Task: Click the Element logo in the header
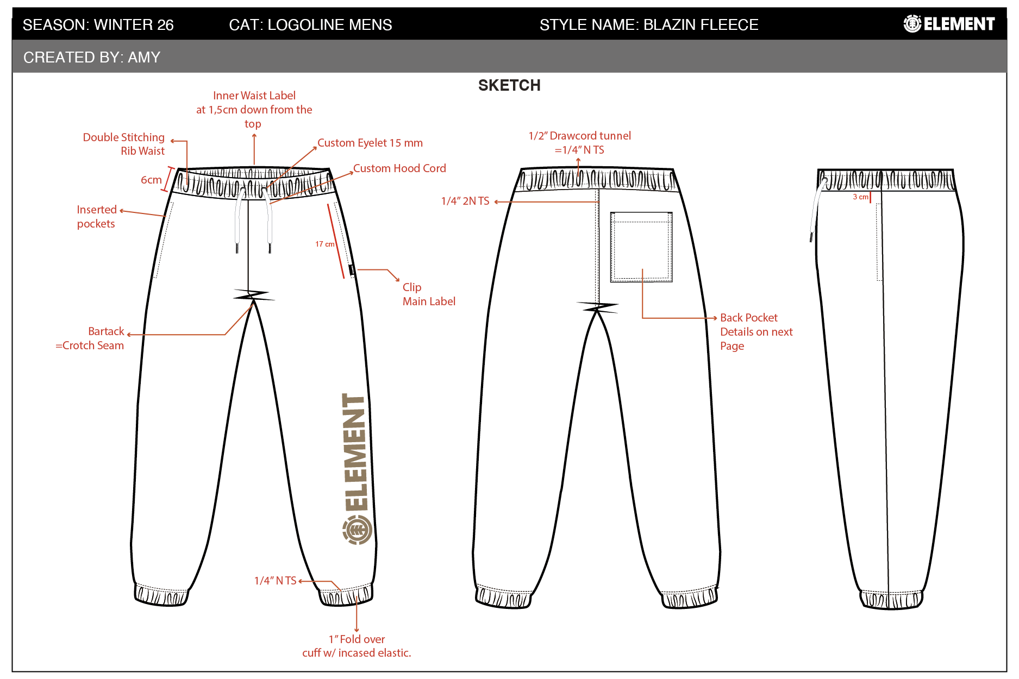point(949,24)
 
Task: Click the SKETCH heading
point(509,85)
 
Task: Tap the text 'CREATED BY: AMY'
point(92,57)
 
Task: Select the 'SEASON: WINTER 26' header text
point(98,24)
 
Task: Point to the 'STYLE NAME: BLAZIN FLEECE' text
point(649,24)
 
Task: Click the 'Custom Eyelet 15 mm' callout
point(370,143)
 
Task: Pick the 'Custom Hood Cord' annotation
point(399,168)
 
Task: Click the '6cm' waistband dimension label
point(151,180)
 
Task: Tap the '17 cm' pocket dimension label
point(325,244)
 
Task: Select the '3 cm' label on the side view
point(860,197)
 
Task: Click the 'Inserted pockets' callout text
point(97,216)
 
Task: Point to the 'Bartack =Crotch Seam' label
point(90,338)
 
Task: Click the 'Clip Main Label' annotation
point(429,294)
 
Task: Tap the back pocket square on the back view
point(641,247)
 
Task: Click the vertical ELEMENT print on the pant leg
point(355,452)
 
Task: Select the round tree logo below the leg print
point(357,530)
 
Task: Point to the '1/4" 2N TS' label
point(465,201)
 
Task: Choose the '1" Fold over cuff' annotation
point(357,646)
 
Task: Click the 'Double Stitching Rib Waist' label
point(124,144)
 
